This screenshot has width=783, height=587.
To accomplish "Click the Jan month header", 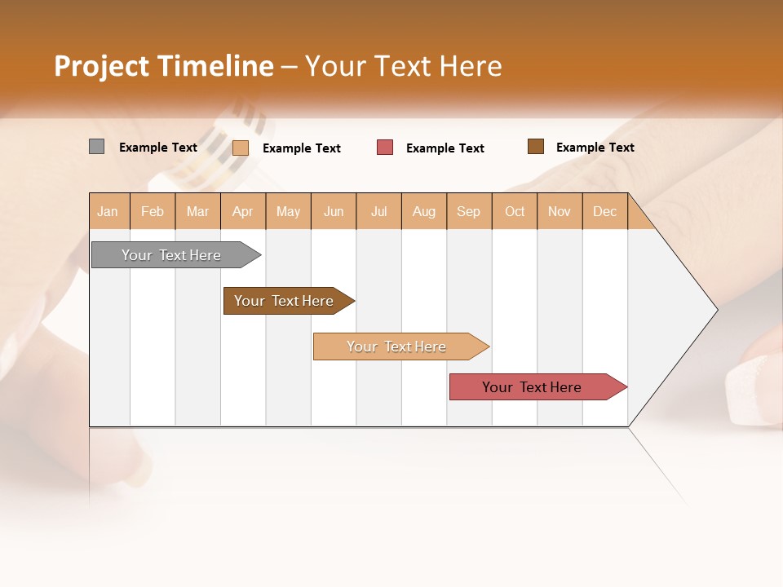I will [108, 211].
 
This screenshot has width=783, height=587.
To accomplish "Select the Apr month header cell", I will [243, 211].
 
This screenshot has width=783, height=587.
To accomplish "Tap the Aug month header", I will [424, 211].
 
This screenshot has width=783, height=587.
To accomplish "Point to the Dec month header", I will [604, 211].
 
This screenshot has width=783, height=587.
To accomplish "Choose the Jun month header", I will [334, 211].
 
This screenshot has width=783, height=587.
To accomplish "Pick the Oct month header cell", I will [515, 211].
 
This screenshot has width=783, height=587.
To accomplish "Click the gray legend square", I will [96, 147].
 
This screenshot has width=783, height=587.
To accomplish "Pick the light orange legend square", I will [241, 148].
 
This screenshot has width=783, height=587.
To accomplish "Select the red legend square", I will [385, 148].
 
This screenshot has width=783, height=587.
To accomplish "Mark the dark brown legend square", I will [535, 147].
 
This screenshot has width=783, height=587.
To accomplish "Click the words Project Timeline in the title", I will [163, 66].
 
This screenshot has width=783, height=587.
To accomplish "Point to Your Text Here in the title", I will [404, 66].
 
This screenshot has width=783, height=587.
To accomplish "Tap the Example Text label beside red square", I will [445, 148].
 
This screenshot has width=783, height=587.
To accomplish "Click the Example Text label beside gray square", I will [158, 148].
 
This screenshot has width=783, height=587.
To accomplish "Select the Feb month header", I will [153, 211].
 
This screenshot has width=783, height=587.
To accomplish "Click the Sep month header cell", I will [469, 211].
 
